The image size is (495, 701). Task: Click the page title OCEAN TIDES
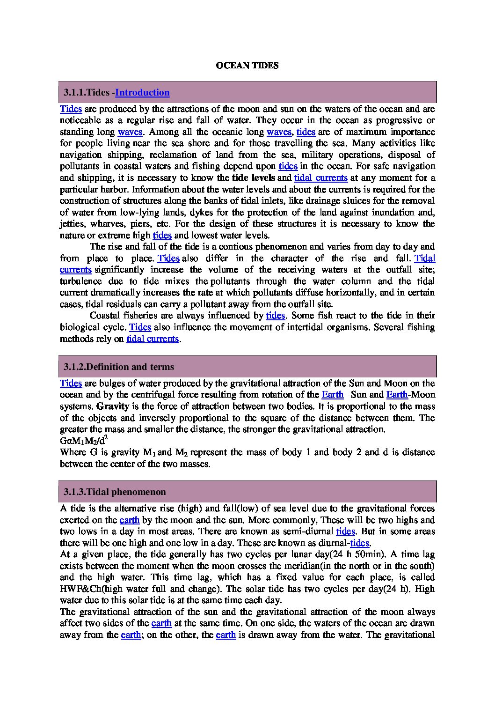click(247, 66)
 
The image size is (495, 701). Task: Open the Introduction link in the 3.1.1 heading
click(142, 93)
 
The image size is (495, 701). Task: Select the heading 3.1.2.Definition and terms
click(119, 367)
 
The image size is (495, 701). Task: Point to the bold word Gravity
click(113, 406)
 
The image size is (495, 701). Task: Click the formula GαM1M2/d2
click(84, 441)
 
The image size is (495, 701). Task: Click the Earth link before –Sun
click(333, 395)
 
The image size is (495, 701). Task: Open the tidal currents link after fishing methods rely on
click(153, 339)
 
